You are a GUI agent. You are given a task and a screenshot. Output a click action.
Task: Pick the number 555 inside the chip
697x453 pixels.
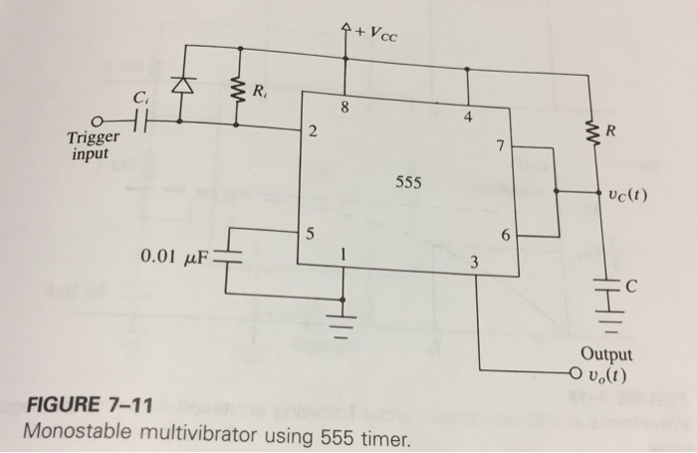tap(408, 183)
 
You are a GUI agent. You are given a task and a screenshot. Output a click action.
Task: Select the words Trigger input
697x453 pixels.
tap(94, 145)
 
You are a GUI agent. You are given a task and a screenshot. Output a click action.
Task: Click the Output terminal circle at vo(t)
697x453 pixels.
tap(571, 376)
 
